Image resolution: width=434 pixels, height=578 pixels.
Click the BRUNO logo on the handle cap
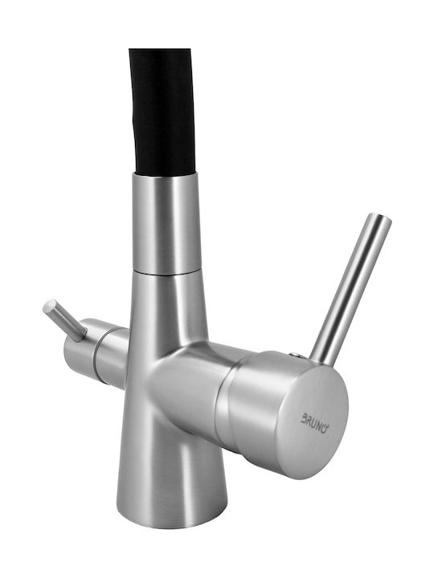[x=316, y=423]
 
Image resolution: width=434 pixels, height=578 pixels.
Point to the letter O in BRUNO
[x=325, y=429]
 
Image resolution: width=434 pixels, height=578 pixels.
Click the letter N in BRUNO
[x=319, y=425]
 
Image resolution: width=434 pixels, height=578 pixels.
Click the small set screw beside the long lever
[x=295, y=355]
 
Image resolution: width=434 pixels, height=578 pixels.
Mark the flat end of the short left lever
[x=49, y=306]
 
